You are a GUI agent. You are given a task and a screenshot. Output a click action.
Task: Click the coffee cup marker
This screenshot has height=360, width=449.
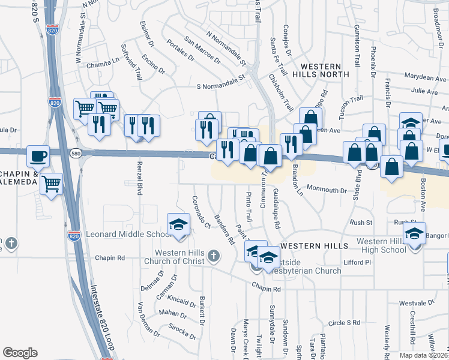[38, 156]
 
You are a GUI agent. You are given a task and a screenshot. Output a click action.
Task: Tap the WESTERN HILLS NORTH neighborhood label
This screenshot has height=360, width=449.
[321, 70]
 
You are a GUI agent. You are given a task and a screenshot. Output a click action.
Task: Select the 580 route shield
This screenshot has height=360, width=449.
[75, 153]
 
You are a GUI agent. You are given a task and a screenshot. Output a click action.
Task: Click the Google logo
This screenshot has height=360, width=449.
[20, 353]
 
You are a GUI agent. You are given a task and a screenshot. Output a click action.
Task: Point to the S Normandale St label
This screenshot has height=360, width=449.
[221, 86]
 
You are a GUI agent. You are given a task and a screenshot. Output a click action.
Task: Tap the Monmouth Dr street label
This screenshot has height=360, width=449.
[327, 190]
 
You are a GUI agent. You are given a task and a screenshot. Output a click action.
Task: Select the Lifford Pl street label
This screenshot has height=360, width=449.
[357, 262]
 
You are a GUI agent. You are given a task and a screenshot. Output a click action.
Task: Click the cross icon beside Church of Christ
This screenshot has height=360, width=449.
[212, 257]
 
